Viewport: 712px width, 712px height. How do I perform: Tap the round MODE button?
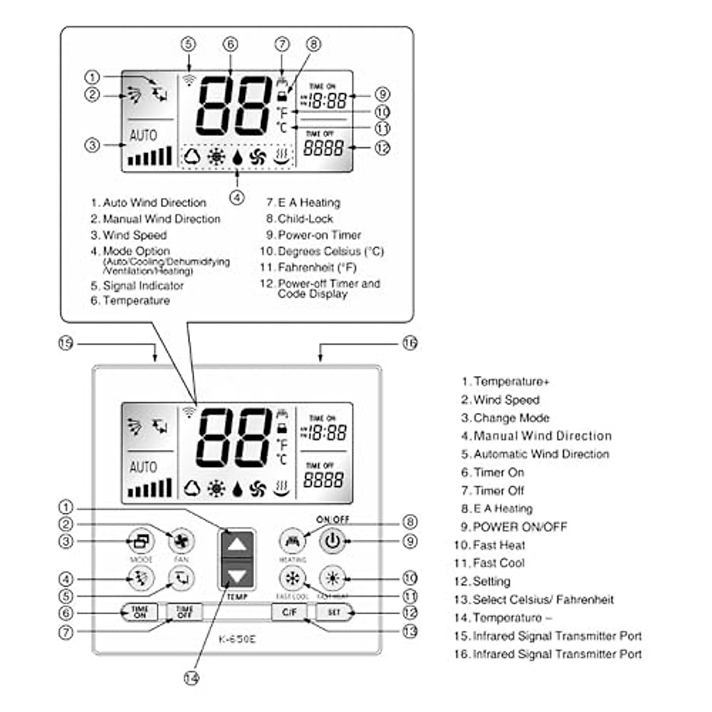[141, 541]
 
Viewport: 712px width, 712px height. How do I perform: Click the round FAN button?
[181, 541]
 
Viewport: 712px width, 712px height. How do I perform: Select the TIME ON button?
[140, 612]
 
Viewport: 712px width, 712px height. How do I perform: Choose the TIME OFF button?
[185, 612]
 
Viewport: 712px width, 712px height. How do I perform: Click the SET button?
[334, 612]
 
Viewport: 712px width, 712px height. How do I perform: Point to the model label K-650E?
[237, 639]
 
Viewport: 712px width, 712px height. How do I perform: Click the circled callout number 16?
[410, 343]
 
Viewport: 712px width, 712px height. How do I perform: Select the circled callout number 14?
[191, 679]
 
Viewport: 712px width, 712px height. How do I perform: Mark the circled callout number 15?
[66, 343]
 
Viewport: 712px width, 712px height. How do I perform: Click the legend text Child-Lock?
[305, 219]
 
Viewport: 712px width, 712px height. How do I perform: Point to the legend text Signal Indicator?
[143, 285]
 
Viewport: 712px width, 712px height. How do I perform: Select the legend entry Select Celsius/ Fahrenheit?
[543, 600]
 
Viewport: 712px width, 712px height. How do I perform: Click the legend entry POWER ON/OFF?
[520, 527]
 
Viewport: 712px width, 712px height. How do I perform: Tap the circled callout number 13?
[410, 631]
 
